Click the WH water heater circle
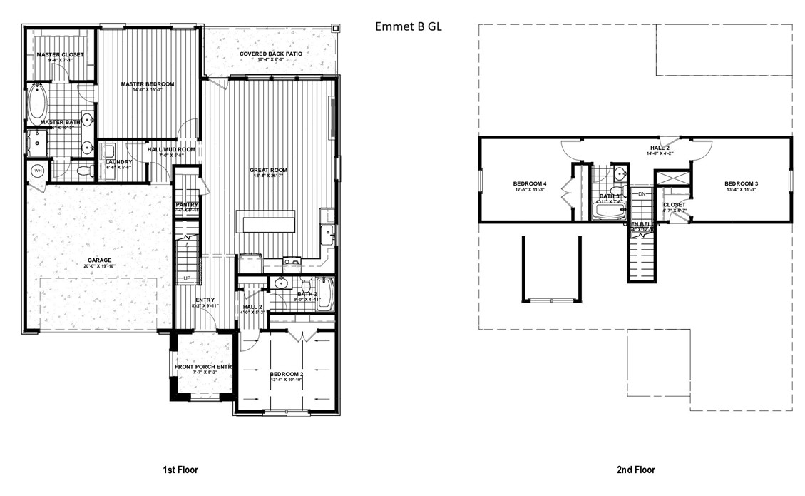(36, 171)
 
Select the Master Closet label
(60, 54)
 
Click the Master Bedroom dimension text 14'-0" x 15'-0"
(147, 91)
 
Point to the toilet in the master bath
(83, 171)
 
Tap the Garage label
(100, 260)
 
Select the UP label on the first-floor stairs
(188, 278)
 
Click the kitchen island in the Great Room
(269, 221)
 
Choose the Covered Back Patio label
(272, 54)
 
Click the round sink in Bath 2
(282, 282)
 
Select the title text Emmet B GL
(409, 26)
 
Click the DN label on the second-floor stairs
(641, 194)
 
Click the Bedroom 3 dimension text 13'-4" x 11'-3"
(741, 190)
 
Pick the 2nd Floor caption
(635, 470)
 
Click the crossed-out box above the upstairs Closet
(672, 178)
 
